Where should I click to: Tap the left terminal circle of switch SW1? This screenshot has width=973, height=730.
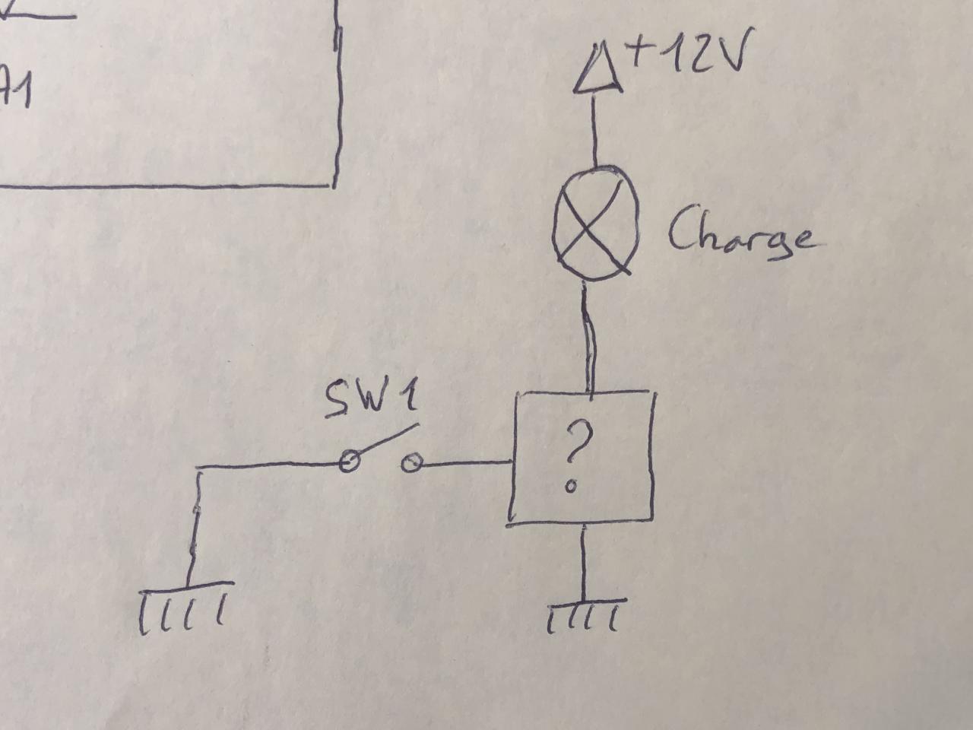pos(349,461)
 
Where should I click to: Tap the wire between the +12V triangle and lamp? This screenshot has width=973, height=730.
pos(594,130)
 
